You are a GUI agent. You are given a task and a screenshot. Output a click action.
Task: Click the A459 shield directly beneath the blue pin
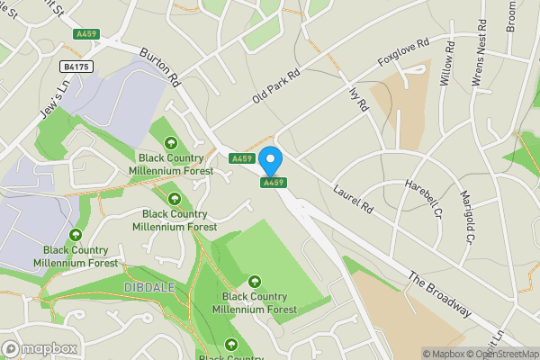pos(274,183)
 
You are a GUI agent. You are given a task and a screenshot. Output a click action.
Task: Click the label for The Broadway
pos(439,293)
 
